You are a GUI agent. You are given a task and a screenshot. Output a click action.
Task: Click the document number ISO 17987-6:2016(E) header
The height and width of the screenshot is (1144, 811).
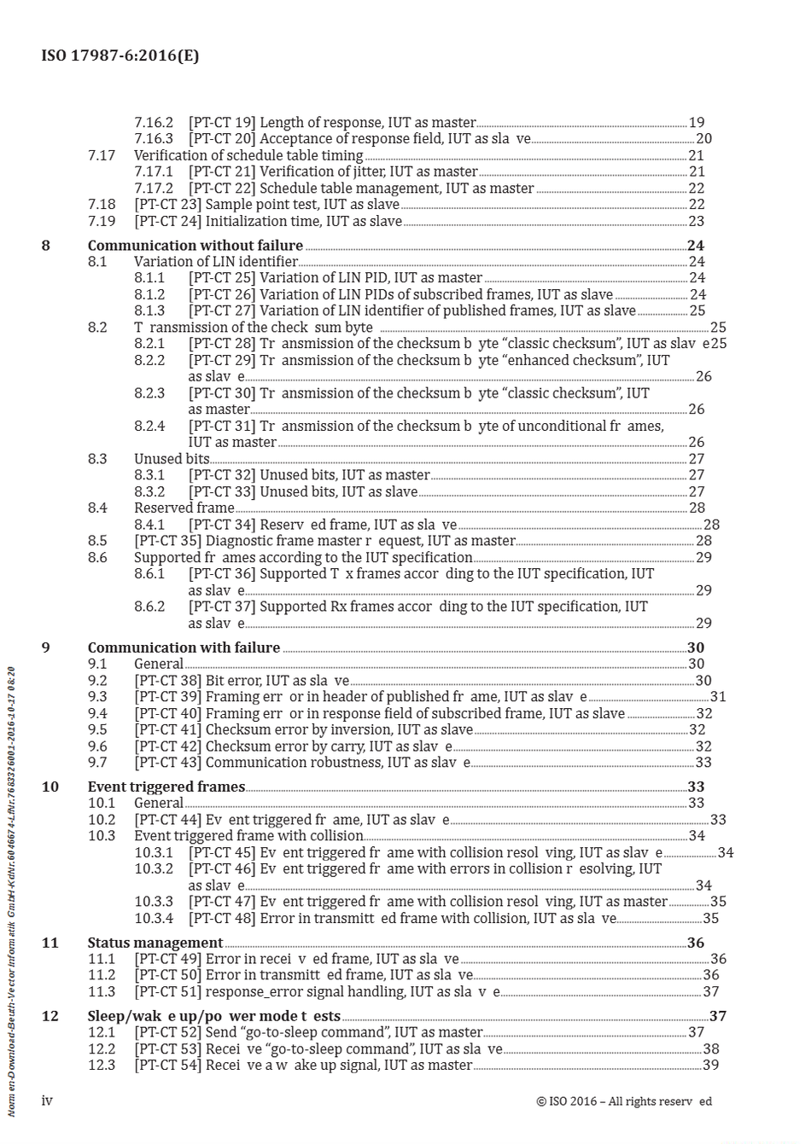(x=120, y=56)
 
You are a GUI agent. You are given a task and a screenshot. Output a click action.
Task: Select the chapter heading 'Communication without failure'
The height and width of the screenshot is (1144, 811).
(x=195, y=246)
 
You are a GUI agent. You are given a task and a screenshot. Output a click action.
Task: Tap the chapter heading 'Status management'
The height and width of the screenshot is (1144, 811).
(x=155, y=943)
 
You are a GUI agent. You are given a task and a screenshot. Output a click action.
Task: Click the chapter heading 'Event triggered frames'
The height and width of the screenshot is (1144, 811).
(x=166, y=787)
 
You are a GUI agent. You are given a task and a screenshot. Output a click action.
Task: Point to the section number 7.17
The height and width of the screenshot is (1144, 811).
(x=102, y=155)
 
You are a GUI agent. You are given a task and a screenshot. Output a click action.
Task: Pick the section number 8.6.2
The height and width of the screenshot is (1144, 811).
(x=149, y=607)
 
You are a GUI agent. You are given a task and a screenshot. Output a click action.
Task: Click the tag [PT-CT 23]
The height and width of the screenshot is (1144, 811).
(x=167, y=205)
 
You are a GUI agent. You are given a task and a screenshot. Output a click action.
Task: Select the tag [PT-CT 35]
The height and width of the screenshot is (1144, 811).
(x=167, y=541)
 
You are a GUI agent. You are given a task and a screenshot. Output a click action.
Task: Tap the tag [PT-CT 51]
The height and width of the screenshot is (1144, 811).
(x=167, y=991)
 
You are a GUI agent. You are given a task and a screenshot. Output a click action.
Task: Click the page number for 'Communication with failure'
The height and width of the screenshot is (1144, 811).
(x=696, y=647)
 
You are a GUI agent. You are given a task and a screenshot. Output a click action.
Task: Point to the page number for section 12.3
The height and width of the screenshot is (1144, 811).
(x=710, y=1065)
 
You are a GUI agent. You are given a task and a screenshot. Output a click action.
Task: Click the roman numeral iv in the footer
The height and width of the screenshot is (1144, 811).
(x=47, y=1100)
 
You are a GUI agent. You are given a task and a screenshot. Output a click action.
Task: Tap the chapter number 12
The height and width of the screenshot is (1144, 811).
(x=50, y=1016)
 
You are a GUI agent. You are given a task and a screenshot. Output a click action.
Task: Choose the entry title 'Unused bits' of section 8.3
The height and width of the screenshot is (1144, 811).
(x=172, y=459)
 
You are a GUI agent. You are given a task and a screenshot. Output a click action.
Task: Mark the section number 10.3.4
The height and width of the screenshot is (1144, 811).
(x=154, y=919)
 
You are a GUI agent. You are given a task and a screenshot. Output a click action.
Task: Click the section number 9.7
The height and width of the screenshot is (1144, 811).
(x=97, y=763)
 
